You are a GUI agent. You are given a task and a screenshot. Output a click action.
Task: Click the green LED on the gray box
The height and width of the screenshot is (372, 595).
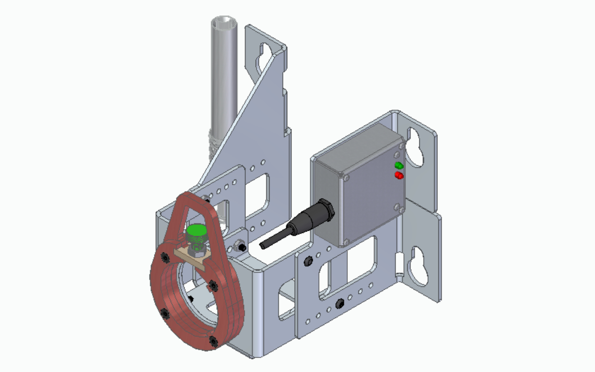click(x=398, y=165)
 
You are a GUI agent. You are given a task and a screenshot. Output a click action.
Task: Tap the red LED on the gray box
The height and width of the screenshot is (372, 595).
click(x=399, y=175)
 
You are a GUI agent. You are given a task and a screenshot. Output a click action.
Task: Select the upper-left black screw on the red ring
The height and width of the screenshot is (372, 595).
click(x=164, y=257)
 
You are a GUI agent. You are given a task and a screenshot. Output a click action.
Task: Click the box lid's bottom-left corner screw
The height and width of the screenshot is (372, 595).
click(x=346, y=241)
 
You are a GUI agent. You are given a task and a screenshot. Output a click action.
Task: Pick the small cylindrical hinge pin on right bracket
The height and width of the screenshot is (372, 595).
click(x=399, y=265)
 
